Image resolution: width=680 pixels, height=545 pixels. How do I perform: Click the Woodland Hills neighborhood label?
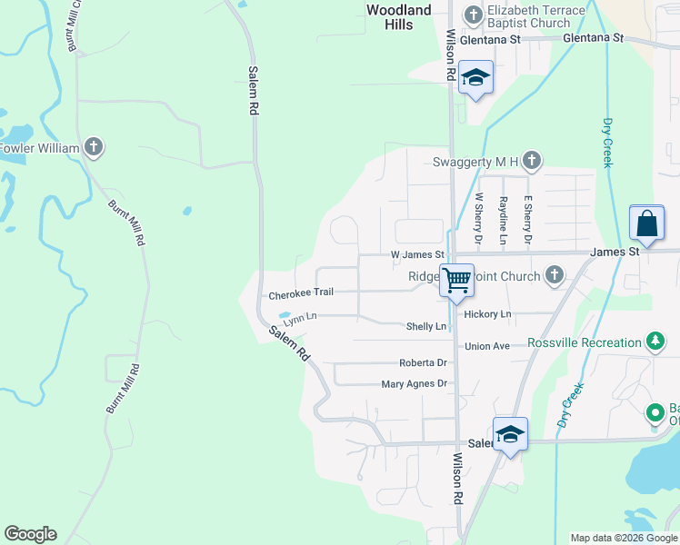(x=399, y=17)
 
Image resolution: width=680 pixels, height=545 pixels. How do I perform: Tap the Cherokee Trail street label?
(x=301, y=294)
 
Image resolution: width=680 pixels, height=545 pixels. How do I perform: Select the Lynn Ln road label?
(x=299, y=318)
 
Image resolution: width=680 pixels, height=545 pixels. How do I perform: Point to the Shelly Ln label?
(x=426, y=326)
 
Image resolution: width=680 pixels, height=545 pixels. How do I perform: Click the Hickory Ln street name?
(x=487, y=314)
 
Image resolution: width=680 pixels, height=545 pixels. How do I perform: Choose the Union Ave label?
(x=487, y=346)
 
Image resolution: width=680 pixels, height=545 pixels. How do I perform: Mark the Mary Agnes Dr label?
(x=415, y=384)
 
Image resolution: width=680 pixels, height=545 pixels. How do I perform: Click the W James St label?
(x=415, y=255)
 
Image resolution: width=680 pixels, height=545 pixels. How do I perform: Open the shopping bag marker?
(x=645, y=223)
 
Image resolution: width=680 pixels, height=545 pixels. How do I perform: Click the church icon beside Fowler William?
(x=94, y=147)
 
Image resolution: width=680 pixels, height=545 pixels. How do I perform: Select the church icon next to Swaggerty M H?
(x=532, y=162)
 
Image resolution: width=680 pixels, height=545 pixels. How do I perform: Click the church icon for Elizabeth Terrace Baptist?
(x=473, y=15)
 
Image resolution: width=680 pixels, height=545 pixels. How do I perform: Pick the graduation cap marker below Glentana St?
(x=475, y=78)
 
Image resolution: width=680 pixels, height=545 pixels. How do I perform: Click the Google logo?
(x=30, y=534)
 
